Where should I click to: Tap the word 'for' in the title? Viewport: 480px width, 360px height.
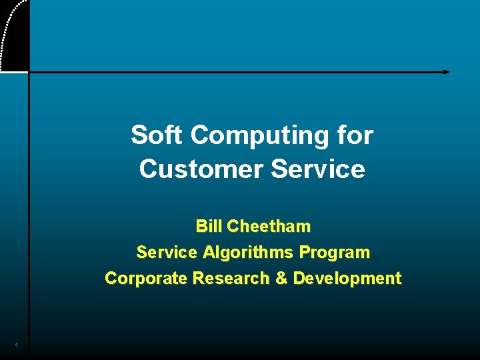[x=355, y=135]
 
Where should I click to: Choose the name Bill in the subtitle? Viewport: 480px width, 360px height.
[x=209, y=227]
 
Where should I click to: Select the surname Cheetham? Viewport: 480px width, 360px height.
[x=269, y=227]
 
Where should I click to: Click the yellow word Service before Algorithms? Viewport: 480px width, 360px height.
[x=167, y=253]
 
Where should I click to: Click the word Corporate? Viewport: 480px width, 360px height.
[x=146, y=279]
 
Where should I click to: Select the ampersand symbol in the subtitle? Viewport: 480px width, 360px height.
[x=282, y=279]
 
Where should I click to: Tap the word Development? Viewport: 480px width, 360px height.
[x=347, y=279]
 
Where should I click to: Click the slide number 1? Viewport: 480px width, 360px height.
[x=15, y=345]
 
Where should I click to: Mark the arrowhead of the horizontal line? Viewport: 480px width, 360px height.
[x=447, y=71]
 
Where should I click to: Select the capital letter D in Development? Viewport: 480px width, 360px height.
[x=299, y=279]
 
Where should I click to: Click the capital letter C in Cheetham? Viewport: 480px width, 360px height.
[x=233, y=227]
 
